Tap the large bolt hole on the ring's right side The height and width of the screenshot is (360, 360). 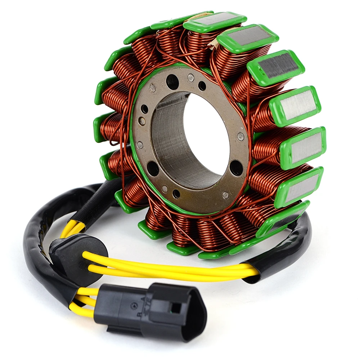tap(236, 168)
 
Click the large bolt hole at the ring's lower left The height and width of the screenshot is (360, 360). tap(153, 168)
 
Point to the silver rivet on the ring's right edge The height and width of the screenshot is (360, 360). tap(240, 136)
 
